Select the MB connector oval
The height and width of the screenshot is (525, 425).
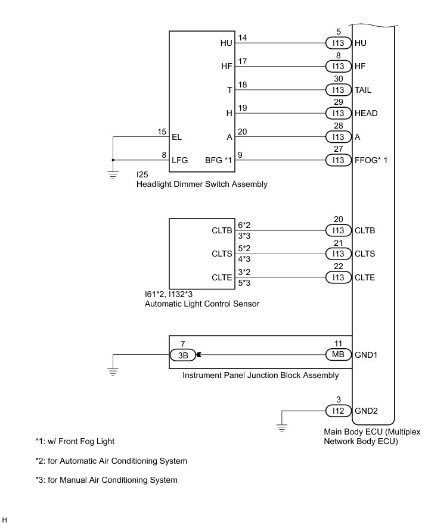[338, 355]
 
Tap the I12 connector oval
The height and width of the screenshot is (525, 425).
[338, 411]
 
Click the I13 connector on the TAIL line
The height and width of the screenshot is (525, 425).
[338, 90]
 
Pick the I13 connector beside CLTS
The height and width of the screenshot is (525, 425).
[338, 254]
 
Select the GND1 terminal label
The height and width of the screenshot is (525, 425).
[367, 355]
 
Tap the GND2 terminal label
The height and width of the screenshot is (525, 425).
[367, 411]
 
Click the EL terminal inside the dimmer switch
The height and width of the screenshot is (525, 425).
[176, 136]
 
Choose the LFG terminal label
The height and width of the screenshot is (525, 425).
[179, 160]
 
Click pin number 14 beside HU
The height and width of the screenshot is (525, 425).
[243, 38]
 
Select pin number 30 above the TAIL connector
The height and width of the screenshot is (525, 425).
[338, 79]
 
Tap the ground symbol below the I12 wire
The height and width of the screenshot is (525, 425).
[283, 427]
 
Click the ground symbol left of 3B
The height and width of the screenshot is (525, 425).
[113, 372]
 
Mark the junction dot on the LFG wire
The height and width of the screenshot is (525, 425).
[113, 160]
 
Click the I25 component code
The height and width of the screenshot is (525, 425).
[142, 175]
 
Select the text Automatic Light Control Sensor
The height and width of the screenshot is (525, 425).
[202, 304]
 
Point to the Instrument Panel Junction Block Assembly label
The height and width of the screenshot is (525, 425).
[260, 375]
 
